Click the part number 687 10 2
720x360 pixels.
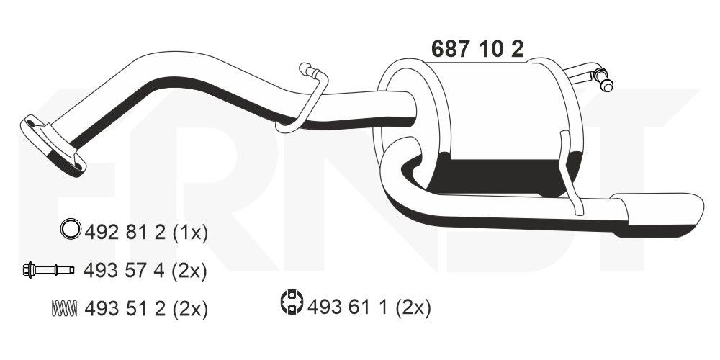pyautogui.click(x=477, y=48)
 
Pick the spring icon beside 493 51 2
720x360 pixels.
pyautogui.click(x=64, y=308)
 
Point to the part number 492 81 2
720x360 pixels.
pyautogui.click(x=127, y=232)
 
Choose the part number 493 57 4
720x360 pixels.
pyautogui.click(x=127, y=271)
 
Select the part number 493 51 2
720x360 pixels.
pyautogui.click(x=127, y=309)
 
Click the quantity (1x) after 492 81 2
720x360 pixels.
pyautogui.click(x=192, y=232)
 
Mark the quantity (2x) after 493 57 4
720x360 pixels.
pyautogui.click(x=192, y=271)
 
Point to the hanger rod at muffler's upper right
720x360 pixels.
pyautogui.click(x=590, y=76)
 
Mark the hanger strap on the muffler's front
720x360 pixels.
pyautogui.click(x=569, y=173)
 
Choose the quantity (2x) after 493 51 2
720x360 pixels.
pyautogui.click(x=192, y=309)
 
